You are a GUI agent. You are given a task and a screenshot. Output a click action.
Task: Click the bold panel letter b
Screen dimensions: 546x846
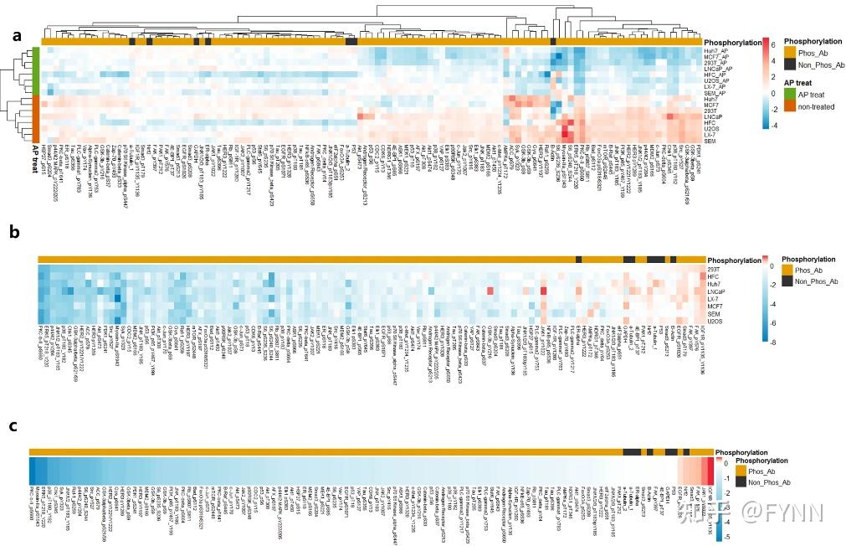(14, 234)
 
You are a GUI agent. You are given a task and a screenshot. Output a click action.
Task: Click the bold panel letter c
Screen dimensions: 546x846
(13, 426)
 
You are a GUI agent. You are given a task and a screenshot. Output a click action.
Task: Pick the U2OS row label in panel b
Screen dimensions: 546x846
(715, 320)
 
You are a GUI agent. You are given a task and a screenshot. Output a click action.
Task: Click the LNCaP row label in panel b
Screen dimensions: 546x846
(716, 291)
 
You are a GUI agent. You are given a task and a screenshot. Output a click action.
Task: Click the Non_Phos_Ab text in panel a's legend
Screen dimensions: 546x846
(819, 65)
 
